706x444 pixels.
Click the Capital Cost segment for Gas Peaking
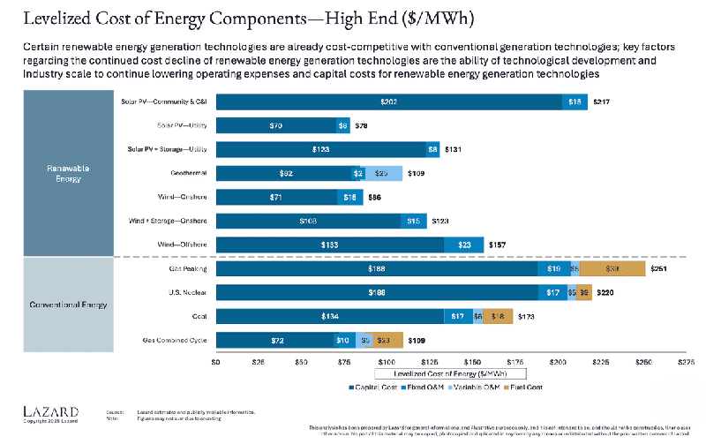376,268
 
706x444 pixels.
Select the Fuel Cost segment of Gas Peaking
612,268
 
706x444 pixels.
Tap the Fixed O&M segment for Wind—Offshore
463,245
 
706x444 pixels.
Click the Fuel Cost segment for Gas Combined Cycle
384,340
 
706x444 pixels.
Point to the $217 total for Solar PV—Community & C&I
602,102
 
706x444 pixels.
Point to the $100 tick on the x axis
387,362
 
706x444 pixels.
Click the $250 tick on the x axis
644,362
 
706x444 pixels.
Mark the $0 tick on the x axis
215,362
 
